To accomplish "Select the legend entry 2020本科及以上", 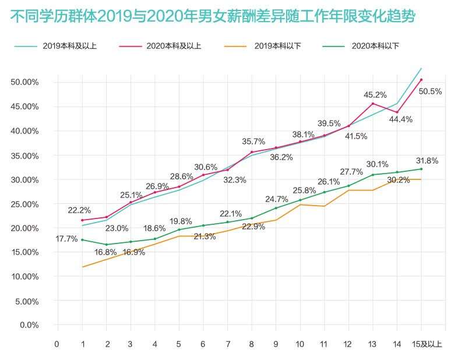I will [x=175, y=45].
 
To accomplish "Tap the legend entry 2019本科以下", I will [x=277, y=45].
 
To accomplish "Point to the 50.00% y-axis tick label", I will [x=24, y=82].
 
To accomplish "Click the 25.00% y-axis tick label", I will [x=24, y=204].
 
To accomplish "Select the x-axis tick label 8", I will [x=251, y=344].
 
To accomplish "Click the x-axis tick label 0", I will [x=57, y=344].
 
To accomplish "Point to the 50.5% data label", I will [x=430, y=91].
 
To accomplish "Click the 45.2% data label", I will [x=375, y=94].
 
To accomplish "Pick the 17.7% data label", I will [x=66, y=239].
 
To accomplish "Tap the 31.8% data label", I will [x=427, y=161].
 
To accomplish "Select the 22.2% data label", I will [x=79, y=210].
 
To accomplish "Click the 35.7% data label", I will [x=254, y=142].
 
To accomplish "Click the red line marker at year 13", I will [x=373, y=104].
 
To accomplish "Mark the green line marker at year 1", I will [x=83, y=240].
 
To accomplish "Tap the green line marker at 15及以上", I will [x=421, y=169].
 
